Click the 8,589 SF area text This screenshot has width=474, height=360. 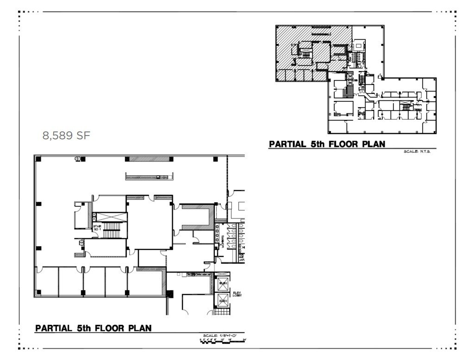(66, 136)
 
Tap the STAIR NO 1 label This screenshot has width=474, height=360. (97, 228)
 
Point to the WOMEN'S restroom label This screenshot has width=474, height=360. (222, 241)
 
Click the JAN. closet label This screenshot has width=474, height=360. (242, 260)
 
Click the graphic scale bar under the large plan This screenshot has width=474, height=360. (222, 341)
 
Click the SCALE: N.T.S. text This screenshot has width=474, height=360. (417, 151)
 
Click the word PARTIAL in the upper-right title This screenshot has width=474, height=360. (287, 144)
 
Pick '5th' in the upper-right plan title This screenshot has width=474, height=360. (317, 144)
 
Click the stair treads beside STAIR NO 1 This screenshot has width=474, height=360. (112, 230)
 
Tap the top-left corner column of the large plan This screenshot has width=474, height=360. (38, 159)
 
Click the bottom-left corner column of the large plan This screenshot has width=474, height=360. (38, 292)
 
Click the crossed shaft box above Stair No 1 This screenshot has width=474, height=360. (109, 217)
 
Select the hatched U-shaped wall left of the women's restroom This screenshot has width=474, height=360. (197, 217)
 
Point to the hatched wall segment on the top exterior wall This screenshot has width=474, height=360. (149, 159)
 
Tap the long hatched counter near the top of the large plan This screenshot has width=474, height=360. (148, 176)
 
